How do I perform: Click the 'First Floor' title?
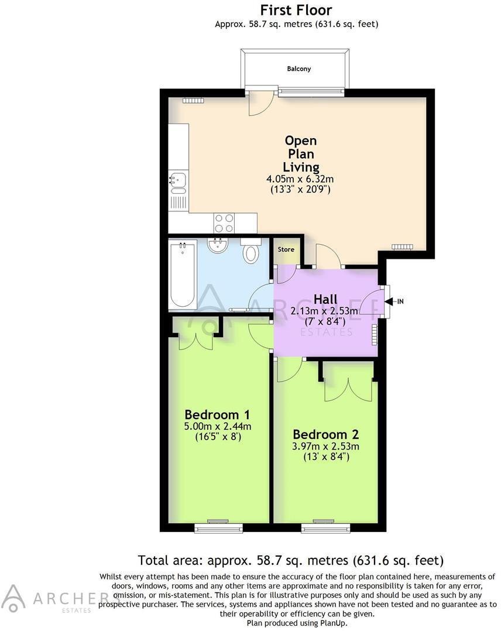[x=296, y=10]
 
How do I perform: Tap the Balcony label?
[x=298, y=68]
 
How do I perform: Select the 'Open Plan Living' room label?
[x=300, y=154]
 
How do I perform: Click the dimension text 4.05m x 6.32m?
[x=300, y=179]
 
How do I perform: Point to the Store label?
[x=286, y=250]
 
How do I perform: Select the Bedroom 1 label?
[x=218, y=414]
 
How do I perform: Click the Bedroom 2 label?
[x=325, y=434]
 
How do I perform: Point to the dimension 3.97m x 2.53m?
[x=325, y=446]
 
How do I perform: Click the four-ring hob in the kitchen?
[x=224, y=222]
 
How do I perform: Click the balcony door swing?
[x=260, y=103]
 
